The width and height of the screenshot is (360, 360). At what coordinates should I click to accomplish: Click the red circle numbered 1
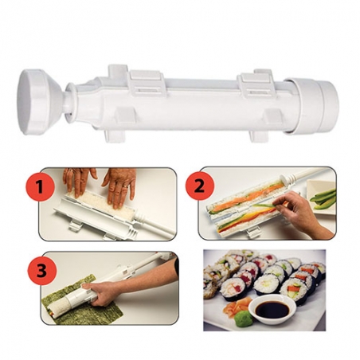(40, 186)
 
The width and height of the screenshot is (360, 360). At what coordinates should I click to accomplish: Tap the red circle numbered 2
(200, 185)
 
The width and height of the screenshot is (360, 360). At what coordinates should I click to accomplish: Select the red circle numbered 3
(42, 271)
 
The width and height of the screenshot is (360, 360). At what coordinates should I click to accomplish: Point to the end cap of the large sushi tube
(312, 105)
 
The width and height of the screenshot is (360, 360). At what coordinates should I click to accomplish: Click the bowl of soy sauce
(272, 309)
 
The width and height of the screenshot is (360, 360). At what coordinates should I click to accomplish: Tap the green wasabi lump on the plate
(242, 317)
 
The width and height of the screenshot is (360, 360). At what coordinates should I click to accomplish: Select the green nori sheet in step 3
(82, 303)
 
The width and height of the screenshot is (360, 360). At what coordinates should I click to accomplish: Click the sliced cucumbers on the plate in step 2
(323, 198)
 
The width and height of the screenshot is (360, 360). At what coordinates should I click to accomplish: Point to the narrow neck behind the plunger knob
(69, 103)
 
